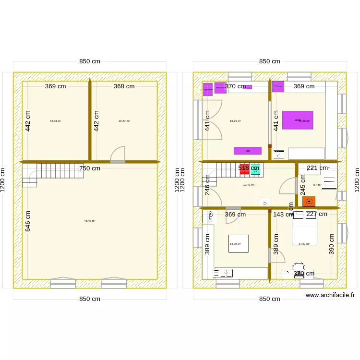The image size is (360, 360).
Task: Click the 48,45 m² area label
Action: pos(90,221)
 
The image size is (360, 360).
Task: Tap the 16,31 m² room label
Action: pos(56,121)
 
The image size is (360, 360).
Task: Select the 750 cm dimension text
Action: pos(90,168)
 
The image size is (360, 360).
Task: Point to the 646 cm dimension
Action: pos(28,221)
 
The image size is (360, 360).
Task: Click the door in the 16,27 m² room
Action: pos(118,155)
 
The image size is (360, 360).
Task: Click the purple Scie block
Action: pos(248,151)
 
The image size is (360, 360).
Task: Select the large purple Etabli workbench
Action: pos(297,120)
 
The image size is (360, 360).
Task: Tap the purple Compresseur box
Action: pos(208,90)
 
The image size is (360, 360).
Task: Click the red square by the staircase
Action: pos(244,168)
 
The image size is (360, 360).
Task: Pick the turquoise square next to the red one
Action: pos(255,168)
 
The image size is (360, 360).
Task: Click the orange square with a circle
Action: pos(309,201)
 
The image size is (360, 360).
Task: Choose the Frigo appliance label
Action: pos(210,216)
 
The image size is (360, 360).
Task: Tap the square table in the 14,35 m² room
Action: pos(239,243)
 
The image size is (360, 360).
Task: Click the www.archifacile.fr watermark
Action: pos(330,296)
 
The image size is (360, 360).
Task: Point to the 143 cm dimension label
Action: pos(283,215)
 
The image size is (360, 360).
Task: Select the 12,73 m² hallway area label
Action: pos(249,185)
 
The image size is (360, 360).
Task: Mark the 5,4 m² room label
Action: pos(317,185)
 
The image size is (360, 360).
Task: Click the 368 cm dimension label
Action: pos(124,86)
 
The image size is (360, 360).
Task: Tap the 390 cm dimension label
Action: pos(332,244)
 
